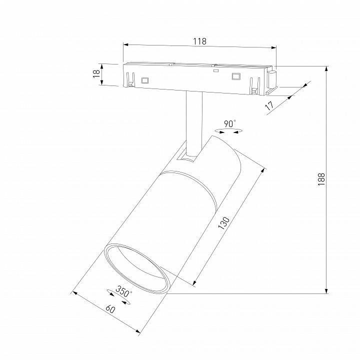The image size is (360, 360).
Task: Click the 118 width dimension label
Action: click(x=199, y=41)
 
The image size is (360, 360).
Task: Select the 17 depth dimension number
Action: click(x=269, y=105)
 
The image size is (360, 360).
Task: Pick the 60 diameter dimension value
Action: click(x=110, y=309)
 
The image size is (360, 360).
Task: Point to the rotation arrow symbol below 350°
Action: click(x=118, y=297)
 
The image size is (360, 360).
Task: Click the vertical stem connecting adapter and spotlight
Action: click(x=192, y=120)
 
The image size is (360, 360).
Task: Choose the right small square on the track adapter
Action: click(x=235, y=76)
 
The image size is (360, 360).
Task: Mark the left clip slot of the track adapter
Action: click(x=130, y=80)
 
